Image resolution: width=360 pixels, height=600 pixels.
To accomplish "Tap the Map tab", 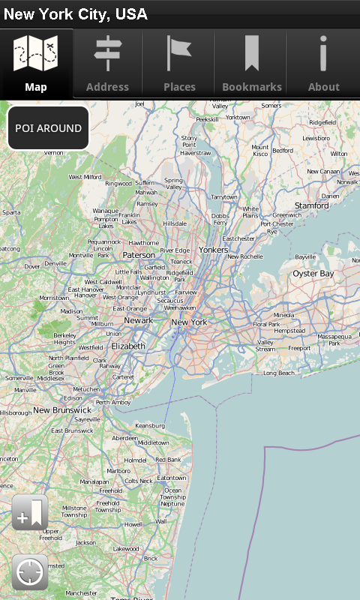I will click(x=36, y=64).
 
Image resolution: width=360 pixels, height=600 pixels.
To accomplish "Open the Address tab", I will click(x=107, y=64).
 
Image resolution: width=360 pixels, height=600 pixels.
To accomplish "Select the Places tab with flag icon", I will click(x=179, y=64).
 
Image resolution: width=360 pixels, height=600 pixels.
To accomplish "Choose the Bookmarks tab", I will click(x=251, y=64).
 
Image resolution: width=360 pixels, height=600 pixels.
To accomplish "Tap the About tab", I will click(x=323, y=64).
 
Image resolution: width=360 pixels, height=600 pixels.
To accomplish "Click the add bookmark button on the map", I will click(x=30, y=513).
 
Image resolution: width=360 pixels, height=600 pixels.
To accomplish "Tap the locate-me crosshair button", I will click(x=30, y=573).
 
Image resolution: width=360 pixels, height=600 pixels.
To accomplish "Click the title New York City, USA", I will click(x=76, y=14).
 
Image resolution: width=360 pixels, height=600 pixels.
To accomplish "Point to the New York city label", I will click(x=189, y=322).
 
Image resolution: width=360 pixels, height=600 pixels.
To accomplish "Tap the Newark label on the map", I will click(x=138, y=320).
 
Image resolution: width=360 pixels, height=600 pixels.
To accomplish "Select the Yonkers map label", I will click(x=213, y=250).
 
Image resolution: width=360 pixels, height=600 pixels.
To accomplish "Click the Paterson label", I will click(x=138, y=254).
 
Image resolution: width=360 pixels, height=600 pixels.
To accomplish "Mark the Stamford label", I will click(x=311, y=205).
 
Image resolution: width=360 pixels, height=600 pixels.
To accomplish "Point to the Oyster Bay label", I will click(x=313, y=274).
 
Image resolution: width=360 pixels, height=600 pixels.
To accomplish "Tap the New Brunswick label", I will click(x=61, y=410).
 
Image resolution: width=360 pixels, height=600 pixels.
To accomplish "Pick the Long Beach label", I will click(x=279, y=373).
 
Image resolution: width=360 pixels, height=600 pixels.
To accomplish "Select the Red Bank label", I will click(x=168, y=459).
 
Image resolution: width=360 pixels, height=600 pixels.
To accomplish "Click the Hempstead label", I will click(x=289, y=331).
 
